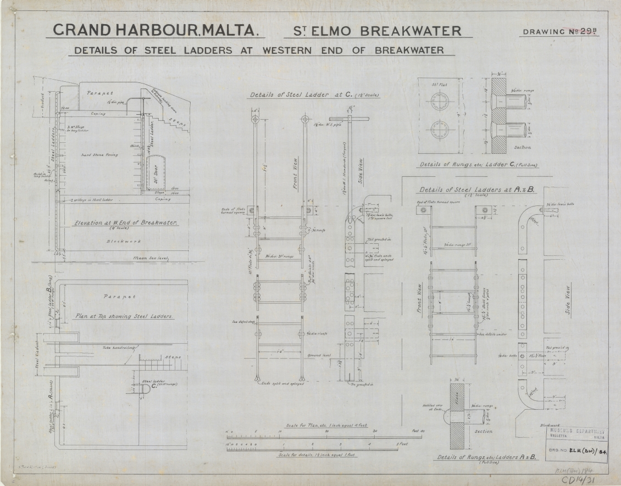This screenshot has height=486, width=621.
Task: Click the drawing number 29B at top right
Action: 583,31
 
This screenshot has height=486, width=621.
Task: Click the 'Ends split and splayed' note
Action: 280,383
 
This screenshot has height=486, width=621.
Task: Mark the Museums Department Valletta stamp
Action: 577,434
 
